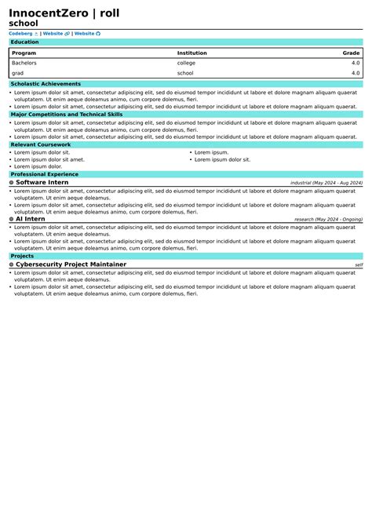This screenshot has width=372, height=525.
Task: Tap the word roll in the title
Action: [109, 13]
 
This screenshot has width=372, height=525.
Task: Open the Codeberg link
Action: [20, 34]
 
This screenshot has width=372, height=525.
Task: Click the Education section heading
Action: [24, 42]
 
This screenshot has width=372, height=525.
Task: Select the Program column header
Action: [24, 53]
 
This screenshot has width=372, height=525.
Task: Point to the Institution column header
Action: [191, 53]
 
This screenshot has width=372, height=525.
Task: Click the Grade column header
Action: [351, 53]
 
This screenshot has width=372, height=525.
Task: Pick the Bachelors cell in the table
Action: [24, 63]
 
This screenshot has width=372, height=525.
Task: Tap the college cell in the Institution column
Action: [186, 63]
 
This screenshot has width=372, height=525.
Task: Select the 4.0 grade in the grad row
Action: [356, 73]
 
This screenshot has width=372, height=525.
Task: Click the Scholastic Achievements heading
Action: [46, 84]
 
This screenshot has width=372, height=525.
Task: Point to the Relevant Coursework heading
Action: [41, 144]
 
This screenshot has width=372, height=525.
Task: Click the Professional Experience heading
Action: [44, 174]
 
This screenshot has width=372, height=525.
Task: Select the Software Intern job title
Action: [42, 182]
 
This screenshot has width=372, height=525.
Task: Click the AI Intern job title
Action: [31, 219]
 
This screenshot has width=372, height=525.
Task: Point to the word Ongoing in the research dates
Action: [352, 220]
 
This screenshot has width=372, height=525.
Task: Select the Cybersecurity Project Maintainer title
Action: [71, 264]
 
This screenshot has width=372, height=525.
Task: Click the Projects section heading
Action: [22, 256]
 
